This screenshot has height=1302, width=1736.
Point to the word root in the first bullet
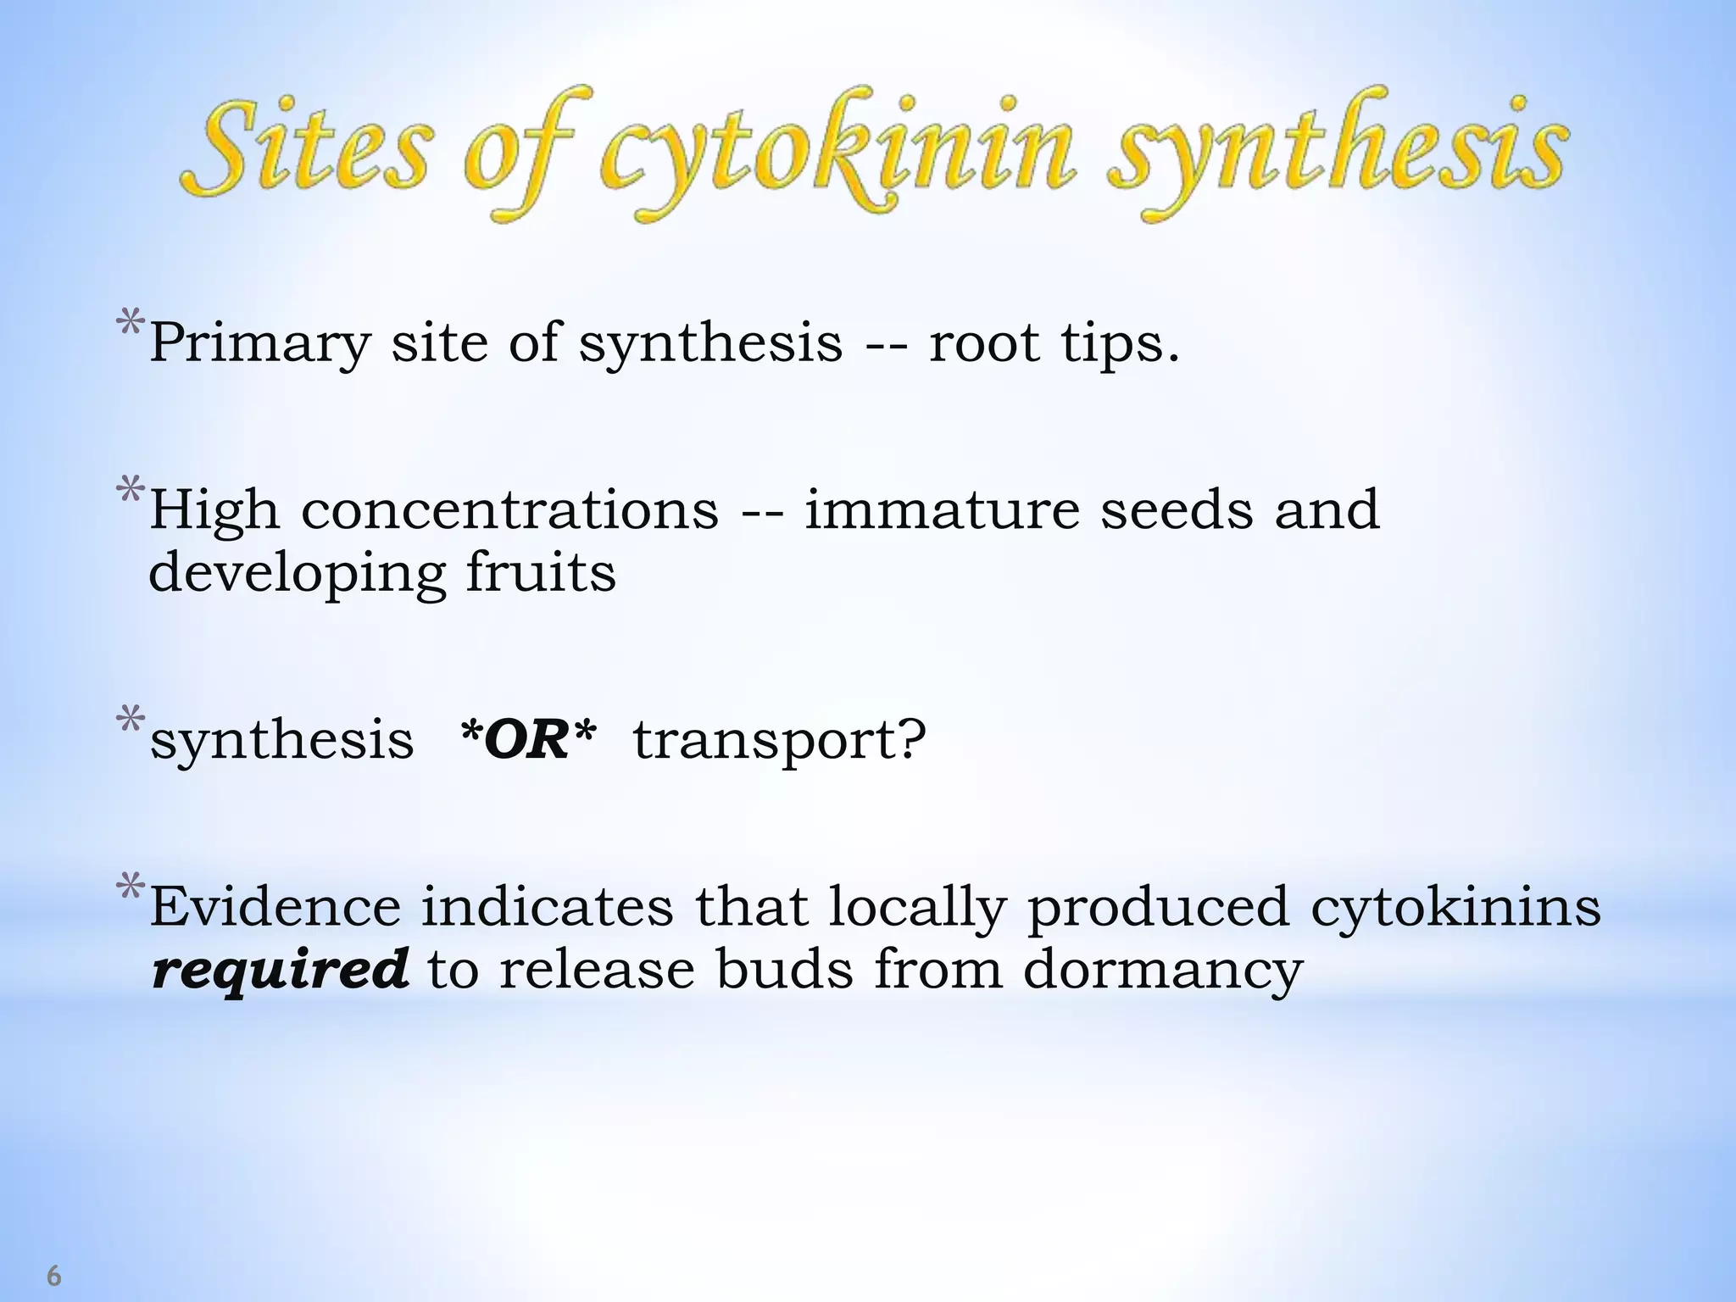click(x=984, y=344)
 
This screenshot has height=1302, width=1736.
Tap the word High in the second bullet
click(x=214, y=511)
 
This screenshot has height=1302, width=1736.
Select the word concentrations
click(x=509, y=511)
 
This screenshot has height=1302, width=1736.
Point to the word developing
click(x=297, y=575)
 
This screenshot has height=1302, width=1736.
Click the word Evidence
click(x=275, y=906)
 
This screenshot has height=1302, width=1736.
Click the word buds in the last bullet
click(x=784, y=969)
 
